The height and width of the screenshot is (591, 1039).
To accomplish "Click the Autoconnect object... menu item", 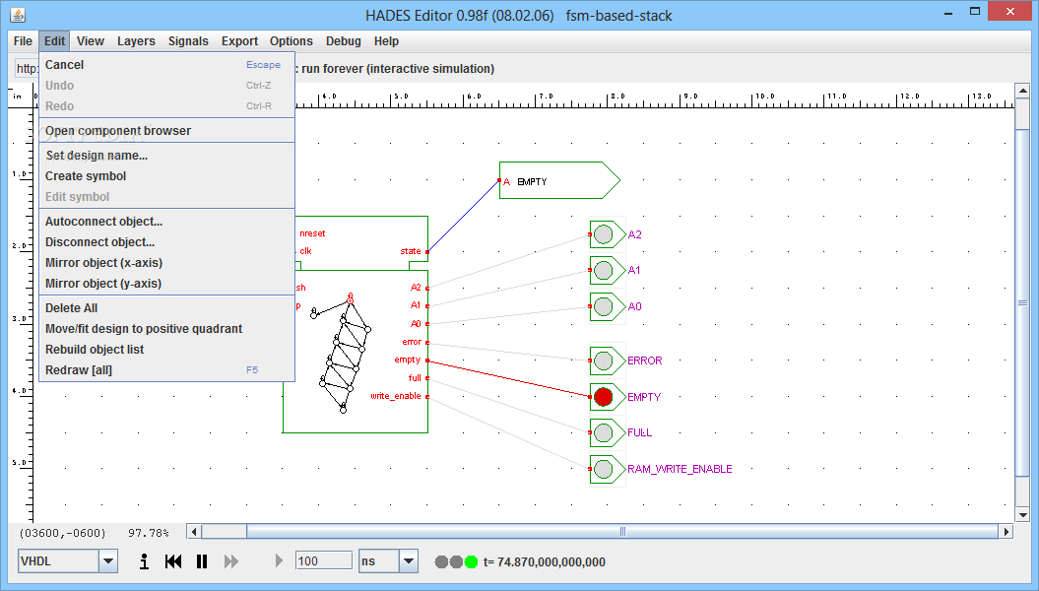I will coord(103,222).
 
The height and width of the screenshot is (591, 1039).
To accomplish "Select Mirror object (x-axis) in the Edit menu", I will coord(103,263).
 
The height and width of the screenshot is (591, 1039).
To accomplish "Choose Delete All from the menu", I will coord(71,308).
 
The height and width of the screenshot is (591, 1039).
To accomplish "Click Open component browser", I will coord(118,131).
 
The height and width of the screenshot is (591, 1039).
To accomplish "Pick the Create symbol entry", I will coord(86,176).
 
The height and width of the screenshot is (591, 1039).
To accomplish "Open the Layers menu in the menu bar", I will coord(136,41).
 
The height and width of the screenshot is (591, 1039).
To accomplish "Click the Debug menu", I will coord(344,41).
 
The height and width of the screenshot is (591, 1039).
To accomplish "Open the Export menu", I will coord(239,41).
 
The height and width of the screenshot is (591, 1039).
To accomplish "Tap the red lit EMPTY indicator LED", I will coord(604,397).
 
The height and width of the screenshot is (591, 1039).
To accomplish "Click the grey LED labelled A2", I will coord(604,234).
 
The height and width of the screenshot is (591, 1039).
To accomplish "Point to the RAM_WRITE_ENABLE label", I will coord(680,469).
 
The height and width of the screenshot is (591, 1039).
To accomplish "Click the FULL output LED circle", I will coord(604,432).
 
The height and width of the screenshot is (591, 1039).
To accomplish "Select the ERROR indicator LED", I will coord(604,361).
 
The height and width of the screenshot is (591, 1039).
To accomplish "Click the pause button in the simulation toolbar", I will coord(202,561).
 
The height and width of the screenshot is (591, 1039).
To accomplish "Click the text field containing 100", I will coord(323,560).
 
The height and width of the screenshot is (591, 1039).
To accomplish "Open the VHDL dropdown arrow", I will coord(108,561).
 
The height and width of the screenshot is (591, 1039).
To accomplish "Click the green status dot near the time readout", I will coord(471,561).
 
